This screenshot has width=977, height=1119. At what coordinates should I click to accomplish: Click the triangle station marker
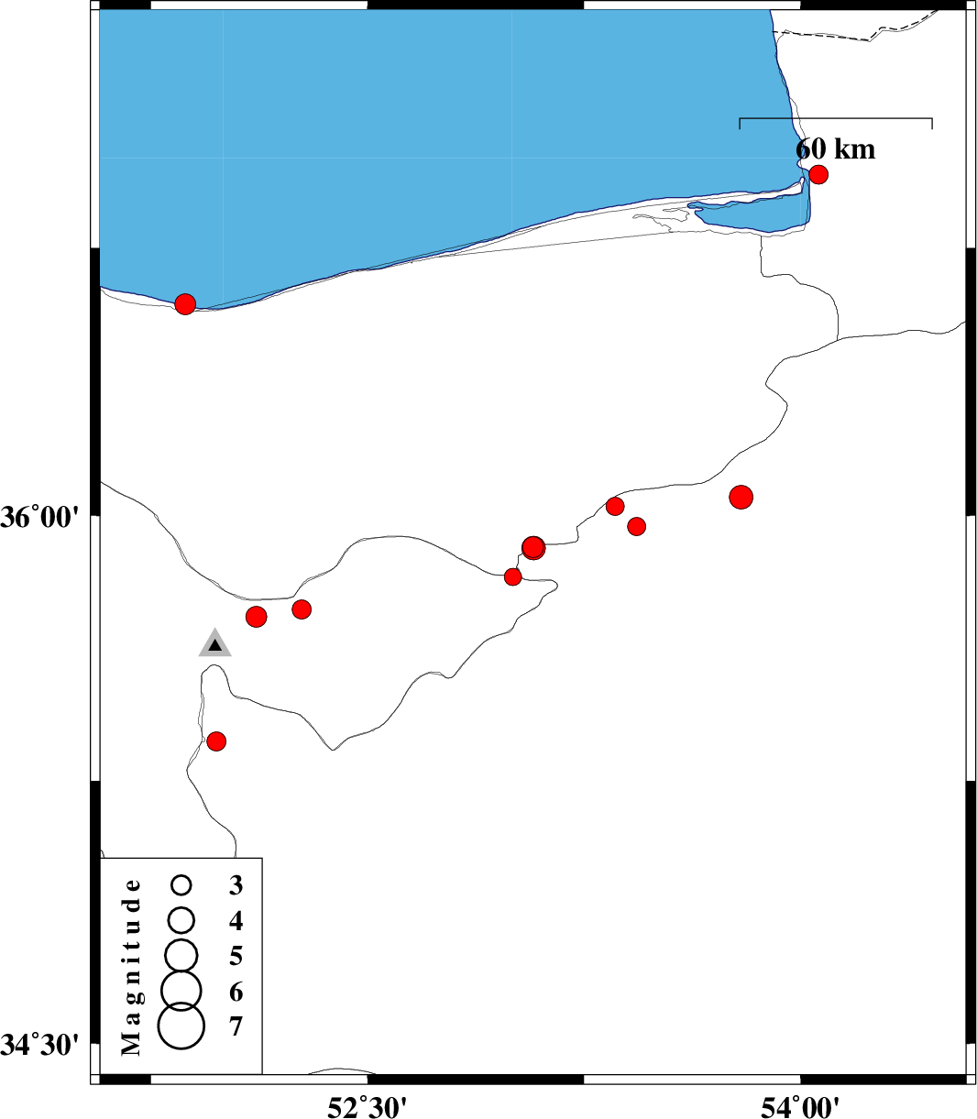214,643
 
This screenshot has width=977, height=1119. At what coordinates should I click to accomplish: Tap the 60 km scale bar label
835,149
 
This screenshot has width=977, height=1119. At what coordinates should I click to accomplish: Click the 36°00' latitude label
39,518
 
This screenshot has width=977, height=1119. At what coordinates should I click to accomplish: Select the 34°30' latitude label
39,1046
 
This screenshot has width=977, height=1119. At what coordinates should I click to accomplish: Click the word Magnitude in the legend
131,968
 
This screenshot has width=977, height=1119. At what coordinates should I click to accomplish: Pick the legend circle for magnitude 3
181,885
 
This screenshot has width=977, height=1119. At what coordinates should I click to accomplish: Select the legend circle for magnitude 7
181,1026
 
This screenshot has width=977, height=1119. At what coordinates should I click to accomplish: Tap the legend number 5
236,956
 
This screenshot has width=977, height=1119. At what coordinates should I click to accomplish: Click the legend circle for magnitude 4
181,920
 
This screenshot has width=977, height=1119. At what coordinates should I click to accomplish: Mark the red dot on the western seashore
185,304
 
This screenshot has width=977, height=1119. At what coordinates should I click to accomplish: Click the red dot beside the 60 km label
818,174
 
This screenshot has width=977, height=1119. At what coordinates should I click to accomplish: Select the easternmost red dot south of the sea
741,497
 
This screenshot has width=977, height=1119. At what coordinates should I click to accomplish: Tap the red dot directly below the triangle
216,741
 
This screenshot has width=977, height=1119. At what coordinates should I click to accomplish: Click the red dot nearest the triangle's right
256,617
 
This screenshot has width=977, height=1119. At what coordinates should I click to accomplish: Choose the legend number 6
236,992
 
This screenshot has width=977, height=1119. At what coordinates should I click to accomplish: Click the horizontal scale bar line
835,118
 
